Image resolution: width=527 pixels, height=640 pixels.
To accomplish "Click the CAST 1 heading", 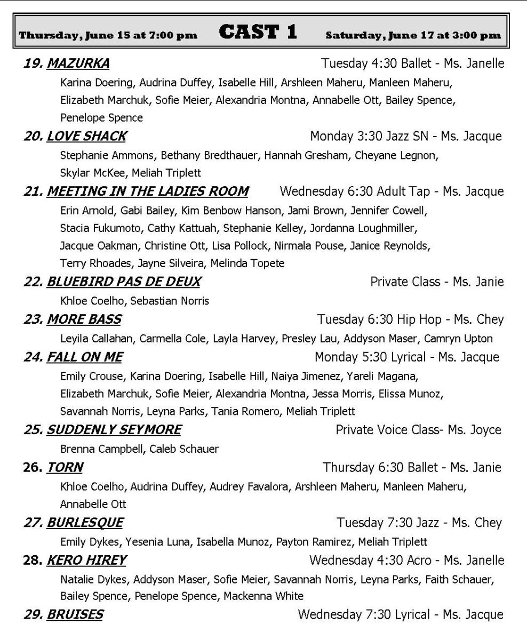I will pyautogui.click(x=258, y=33).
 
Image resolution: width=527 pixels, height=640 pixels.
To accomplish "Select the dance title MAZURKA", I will pyautogui.click(x=78, y=64).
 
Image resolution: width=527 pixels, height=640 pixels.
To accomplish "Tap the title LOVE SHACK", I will pyautogui.click(x=86, y=137).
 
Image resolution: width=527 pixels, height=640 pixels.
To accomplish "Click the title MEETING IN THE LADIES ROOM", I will pyautogui.click(x=147, y=191).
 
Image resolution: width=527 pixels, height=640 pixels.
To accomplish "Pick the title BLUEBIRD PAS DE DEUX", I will pyautogui.click(x=124, y=282).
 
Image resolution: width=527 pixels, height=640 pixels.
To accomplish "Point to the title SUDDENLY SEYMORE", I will pyautogui.click(x=114, y=430).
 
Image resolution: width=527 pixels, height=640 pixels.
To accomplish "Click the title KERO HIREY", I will pyautogui.click(x=86, y=561).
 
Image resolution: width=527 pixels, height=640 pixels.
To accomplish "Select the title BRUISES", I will pyautogui.click(x=75, y=615).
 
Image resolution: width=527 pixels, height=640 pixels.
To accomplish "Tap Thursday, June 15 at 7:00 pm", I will pyautogui.click(x=108, y=36).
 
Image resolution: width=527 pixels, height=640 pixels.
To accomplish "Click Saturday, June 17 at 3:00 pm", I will pyautogui.click(x=413, y=36).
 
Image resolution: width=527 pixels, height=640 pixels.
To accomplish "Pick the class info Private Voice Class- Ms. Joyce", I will pyautogui.click(x=418, y=430).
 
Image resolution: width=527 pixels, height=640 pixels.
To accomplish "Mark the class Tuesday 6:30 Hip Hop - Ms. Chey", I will pyautogui.click(x=410, y=319).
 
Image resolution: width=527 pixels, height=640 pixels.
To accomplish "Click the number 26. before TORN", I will pyautogui.click(x=33, y=468).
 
